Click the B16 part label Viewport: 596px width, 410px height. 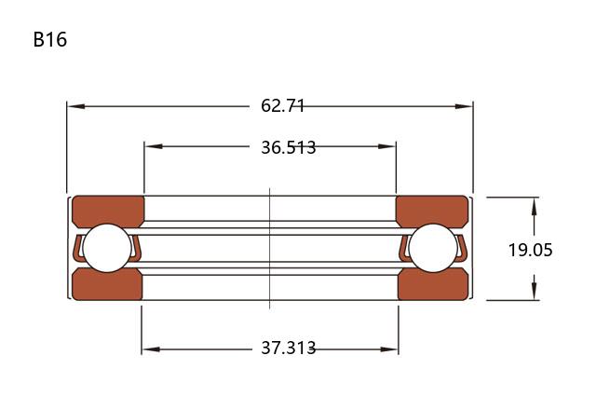50,39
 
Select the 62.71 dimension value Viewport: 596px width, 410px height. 282,105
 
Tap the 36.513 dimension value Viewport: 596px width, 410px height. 288,147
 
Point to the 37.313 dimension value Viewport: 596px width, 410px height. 288,348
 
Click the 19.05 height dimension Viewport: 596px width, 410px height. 530,250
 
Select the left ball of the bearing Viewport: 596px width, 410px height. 107,248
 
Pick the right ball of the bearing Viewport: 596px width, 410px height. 433,248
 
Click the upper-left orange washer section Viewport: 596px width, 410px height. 108,211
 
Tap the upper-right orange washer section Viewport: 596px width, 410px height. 432,211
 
